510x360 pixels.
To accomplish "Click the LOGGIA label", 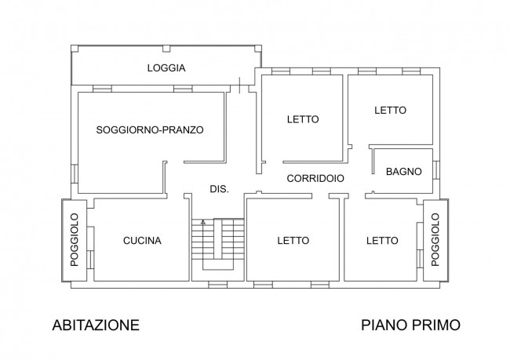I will pos(166,68).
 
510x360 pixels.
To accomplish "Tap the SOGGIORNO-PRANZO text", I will pos(150,130).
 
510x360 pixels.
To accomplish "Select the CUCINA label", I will pos(142,241).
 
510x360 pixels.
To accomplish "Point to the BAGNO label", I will pos(405,172).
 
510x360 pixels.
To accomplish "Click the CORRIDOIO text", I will pos(315,179).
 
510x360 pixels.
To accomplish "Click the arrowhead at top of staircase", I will pos(203,223).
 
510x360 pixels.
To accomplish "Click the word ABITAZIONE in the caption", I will pos(96,324).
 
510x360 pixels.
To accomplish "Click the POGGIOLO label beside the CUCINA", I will pos(75,240).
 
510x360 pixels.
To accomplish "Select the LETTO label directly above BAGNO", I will pos(390,111).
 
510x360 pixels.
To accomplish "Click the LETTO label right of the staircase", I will pos(293,241).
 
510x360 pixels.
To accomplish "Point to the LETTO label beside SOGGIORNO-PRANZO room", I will pos(302,119).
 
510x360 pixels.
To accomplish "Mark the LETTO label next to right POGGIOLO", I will pos(381,241).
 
